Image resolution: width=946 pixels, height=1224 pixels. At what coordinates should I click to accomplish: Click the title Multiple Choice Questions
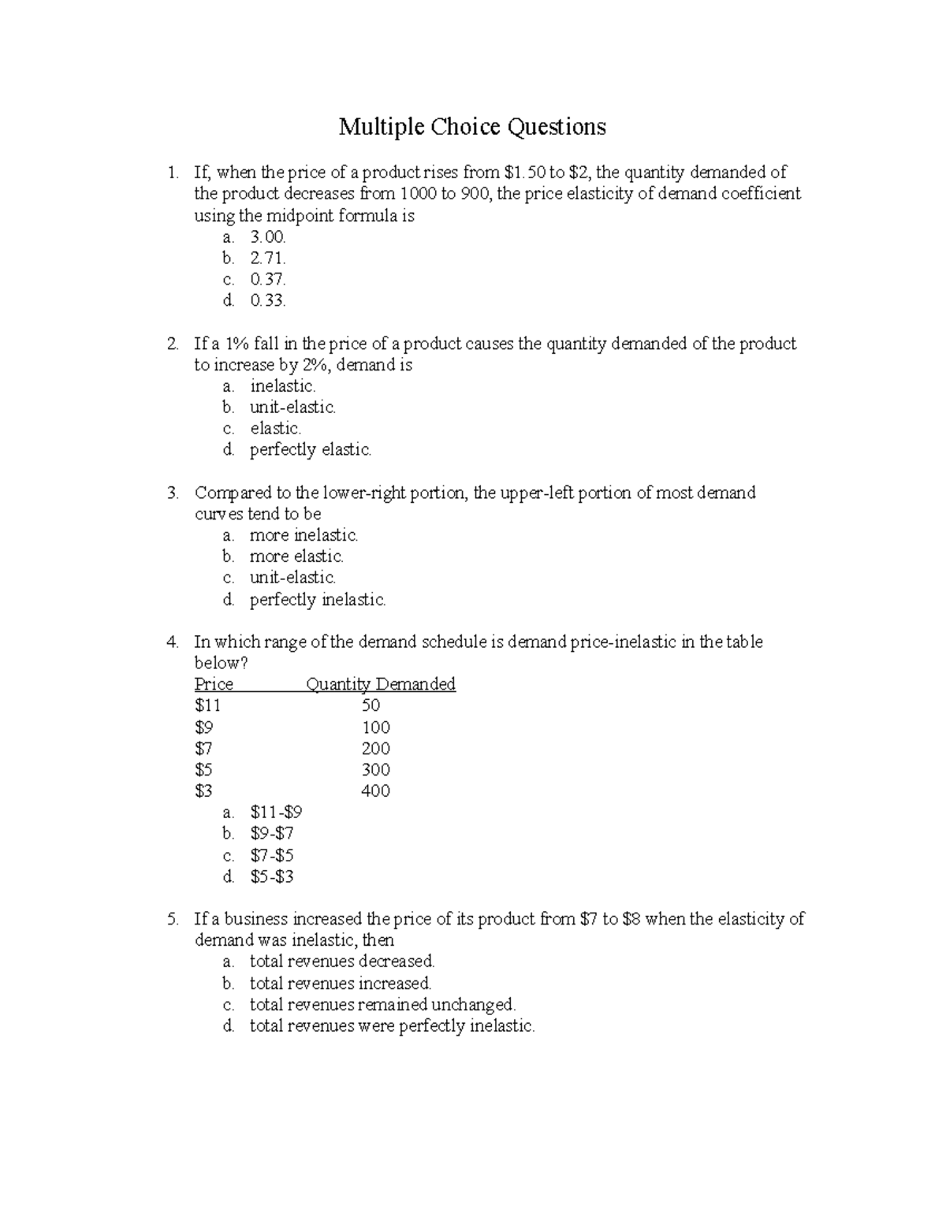coord(472,127)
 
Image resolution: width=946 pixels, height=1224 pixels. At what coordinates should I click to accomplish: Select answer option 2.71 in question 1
coord(268,258)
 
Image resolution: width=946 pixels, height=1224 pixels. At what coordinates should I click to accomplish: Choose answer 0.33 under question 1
coord(268,300)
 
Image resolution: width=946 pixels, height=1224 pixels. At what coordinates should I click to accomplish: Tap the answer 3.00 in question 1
coord(268,236)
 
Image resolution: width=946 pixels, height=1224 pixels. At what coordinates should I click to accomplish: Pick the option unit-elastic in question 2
coord(292,407)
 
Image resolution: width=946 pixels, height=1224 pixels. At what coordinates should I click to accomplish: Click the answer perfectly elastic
coord(310,450)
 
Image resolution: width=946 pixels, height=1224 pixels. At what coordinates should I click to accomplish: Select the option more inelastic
coord(304,535)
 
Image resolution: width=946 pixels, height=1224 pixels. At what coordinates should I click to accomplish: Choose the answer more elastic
coord(296,556)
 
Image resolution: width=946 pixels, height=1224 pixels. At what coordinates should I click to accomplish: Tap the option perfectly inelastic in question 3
coord(318,600)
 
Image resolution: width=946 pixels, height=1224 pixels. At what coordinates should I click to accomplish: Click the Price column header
coord(214,684)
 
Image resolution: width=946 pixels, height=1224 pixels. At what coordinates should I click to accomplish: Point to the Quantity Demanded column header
coord(381,684)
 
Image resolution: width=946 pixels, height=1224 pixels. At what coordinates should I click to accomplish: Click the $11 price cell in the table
coord(207,705)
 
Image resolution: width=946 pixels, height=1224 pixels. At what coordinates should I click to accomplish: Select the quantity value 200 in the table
coord(375,749)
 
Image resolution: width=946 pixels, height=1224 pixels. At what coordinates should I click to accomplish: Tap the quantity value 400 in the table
coord(375,791)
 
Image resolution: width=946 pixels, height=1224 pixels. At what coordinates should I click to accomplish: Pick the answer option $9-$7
coord(272,834)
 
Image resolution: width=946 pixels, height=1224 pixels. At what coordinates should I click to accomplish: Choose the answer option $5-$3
coord(272,876)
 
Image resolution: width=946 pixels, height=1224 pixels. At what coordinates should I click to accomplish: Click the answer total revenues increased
coord(341,984)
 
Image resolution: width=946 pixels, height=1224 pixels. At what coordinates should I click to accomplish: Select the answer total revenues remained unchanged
coord(382,1005)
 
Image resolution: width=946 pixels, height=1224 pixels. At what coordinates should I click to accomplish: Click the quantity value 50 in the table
coord(371,705)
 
